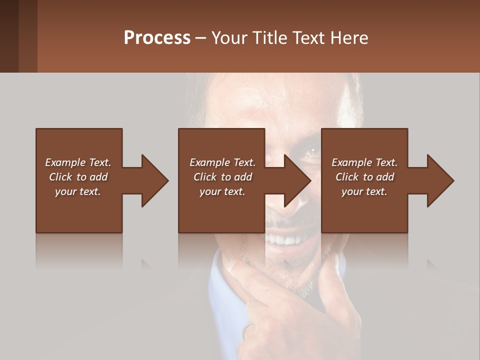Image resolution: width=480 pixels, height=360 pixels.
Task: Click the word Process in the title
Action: pyautogui.click(x=157, y=38)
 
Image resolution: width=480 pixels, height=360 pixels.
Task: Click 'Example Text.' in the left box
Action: pyautogui.click(x=78, y=162)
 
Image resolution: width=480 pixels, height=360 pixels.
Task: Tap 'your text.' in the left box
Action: pyautogui.click(x=78, y=191)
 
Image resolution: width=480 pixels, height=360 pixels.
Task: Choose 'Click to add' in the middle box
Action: pyautogui.click(x=222, y=177)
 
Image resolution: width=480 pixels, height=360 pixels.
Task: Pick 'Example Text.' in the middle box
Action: pyautogui.click(x=222, y=162)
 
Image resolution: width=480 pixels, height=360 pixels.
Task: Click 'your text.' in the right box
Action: pyautogui.click(x=364, y=191)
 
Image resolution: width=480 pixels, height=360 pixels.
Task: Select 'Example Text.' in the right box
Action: pyautogui.click(x=364, y=162)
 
